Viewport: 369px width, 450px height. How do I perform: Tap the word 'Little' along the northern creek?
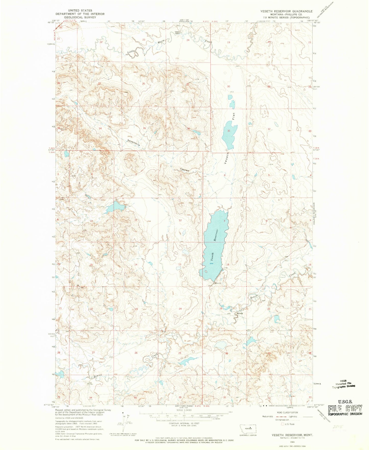[x=131, y=52]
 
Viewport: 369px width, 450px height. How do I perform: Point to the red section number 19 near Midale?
[x=221, y=308]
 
